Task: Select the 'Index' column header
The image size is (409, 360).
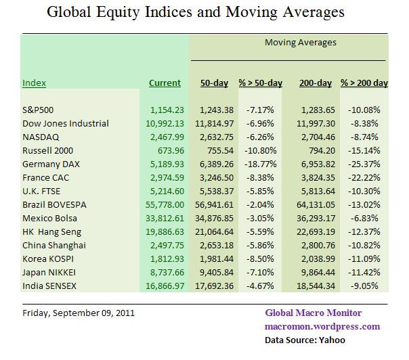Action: click(35, 83)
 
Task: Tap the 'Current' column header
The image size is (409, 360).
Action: click(165, 83)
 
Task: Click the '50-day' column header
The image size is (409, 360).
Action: click(214, 83)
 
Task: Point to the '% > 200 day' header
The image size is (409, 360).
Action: click(364, 83)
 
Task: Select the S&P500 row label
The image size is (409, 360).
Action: click(38, 109)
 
